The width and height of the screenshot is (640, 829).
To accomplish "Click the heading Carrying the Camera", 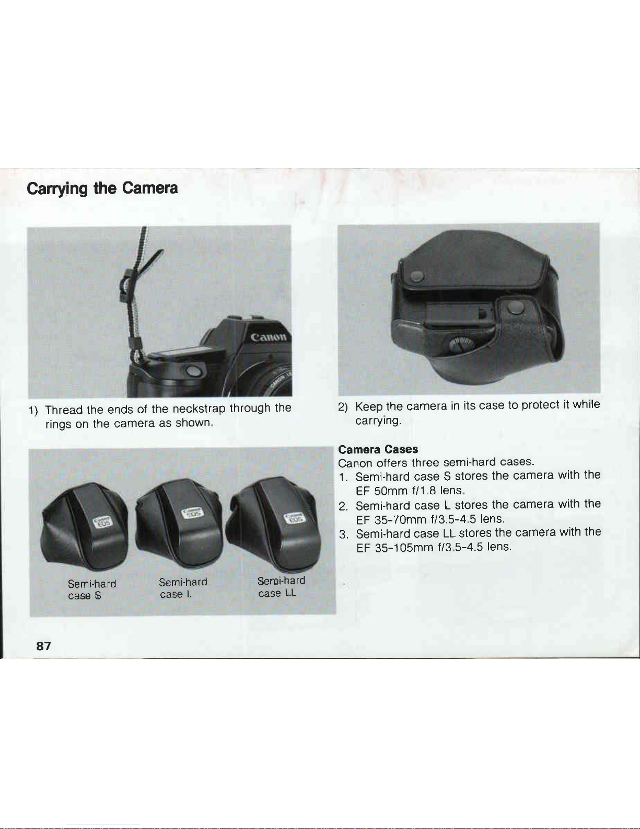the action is (102, 188).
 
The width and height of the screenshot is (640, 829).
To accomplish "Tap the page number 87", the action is (43, 646).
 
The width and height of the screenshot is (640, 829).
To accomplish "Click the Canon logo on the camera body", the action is (269, 337).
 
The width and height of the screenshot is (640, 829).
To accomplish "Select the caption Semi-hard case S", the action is (92, 590).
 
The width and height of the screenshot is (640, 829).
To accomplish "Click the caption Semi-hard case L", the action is (183, 588).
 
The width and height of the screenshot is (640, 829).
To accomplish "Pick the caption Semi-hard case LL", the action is (281, 587).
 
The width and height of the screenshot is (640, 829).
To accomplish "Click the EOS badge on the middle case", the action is (193, 514).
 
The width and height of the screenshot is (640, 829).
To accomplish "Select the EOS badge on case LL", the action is (295, 518).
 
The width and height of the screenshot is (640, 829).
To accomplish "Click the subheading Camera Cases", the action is (378, 449).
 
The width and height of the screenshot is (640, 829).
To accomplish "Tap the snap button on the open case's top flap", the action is (417, 277).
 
